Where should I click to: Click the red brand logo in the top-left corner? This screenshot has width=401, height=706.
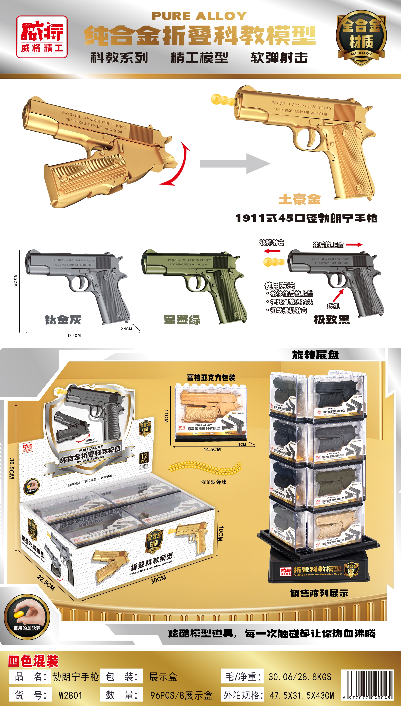[x=42, y=37]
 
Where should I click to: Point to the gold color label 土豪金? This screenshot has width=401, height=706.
[x=300, y=199]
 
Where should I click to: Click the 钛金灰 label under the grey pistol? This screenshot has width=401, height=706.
[x=63, y=320]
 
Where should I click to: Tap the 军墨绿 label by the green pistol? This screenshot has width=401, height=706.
[x=182, y=320]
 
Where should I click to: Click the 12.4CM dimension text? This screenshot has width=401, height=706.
[x=74, y=335]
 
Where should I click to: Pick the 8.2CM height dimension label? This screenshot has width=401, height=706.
[x=16, y=281]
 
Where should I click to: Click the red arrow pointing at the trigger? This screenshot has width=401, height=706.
[x=338, y=296]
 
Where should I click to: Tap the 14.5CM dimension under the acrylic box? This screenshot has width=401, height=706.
[x=212, y=450]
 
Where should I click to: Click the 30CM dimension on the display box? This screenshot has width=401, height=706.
[x=158, y=579]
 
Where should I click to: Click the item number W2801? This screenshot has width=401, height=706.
[x=70, y=695]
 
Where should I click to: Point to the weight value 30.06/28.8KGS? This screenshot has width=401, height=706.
[x=300, y=677]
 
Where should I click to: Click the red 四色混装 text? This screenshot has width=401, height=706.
[x=33, y=661]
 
